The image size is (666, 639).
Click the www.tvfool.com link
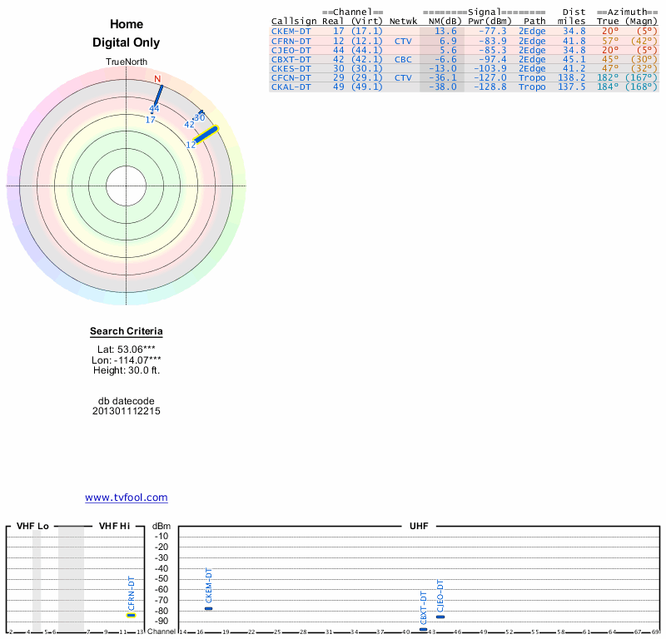(x=127, y=498)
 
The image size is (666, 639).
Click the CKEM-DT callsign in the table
(x=291, y=31)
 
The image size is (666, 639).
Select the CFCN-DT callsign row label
(x=291, y=77)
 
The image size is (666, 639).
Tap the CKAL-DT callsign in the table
(x=291, y=87)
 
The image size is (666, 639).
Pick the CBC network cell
(x=403, y=59)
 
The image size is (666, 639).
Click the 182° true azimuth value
(x=608, y=77)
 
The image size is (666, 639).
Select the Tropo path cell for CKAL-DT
(x=532, y=87)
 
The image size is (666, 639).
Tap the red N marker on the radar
(x=157, y=79)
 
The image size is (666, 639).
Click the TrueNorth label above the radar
(x=127, y=62)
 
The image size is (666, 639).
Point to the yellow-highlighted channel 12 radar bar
(x=206, y=134)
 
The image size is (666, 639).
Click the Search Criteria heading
(x=127, y=331)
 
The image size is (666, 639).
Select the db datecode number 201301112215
(x=127, y=411)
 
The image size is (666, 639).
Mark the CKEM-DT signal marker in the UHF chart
(x=209, y=608)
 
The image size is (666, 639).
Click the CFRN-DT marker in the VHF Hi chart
(x=131, y=615)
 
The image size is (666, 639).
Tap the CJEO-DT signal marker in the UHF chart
(x=440, y=617)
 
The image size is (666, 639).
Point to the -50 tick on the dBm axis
(x=162, y=578)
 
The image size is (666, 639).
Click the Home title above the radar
(x=127, y=24)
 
